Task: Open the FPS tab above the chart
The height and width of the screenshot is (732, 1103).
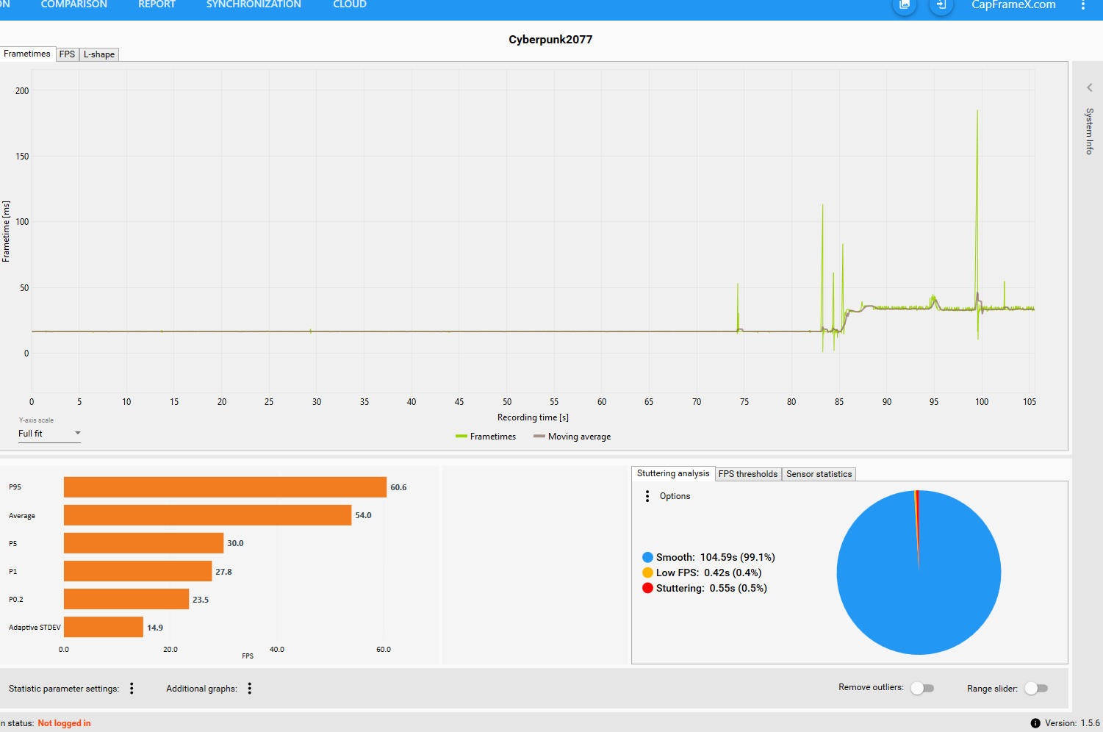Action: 67,54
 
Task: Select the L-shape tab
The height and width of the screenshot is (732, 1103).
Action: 99,54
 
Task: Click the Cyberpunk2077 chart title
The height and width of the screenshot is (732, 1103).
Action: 550,40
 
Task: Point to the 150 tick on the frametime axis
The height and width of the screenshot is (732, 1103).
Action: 22,157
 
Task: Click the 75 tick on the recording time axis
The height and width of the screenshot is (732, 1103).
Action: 744,402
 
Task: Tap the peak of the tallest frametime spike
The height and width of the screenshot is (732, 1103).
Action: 977,111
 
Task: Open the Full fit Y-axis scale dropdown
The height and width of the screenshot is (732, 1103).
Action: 49,434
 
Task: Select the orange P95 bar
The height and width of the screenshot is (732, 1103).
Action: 225,487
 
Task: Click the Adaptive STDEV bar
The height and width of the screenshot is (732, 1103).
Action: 104,627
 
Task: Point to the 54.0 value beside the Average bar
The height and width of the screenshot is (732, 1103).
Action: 363,515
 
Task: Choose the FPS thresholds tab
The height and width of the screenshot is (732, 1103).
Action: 748,474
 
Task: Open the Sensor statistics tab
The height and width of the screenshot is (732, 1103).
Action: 819,474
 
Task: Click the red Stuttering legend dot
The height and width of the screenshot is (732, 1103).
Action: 647,588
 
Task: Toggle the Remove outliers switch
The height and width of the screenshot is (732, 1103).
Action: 922,688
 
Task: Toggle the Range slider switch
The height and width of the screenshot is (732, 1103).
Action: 1036,688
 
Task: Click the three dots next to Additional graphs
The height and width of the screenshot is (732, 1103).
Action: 250,688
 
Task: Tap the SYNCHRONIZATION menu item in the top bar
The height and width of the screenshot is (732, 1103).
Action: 254,4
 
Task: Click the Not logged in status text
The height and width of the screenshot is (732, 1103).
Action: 64,723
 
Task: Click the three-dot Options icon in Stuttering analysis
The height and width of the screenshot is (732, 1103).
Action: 647,496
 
